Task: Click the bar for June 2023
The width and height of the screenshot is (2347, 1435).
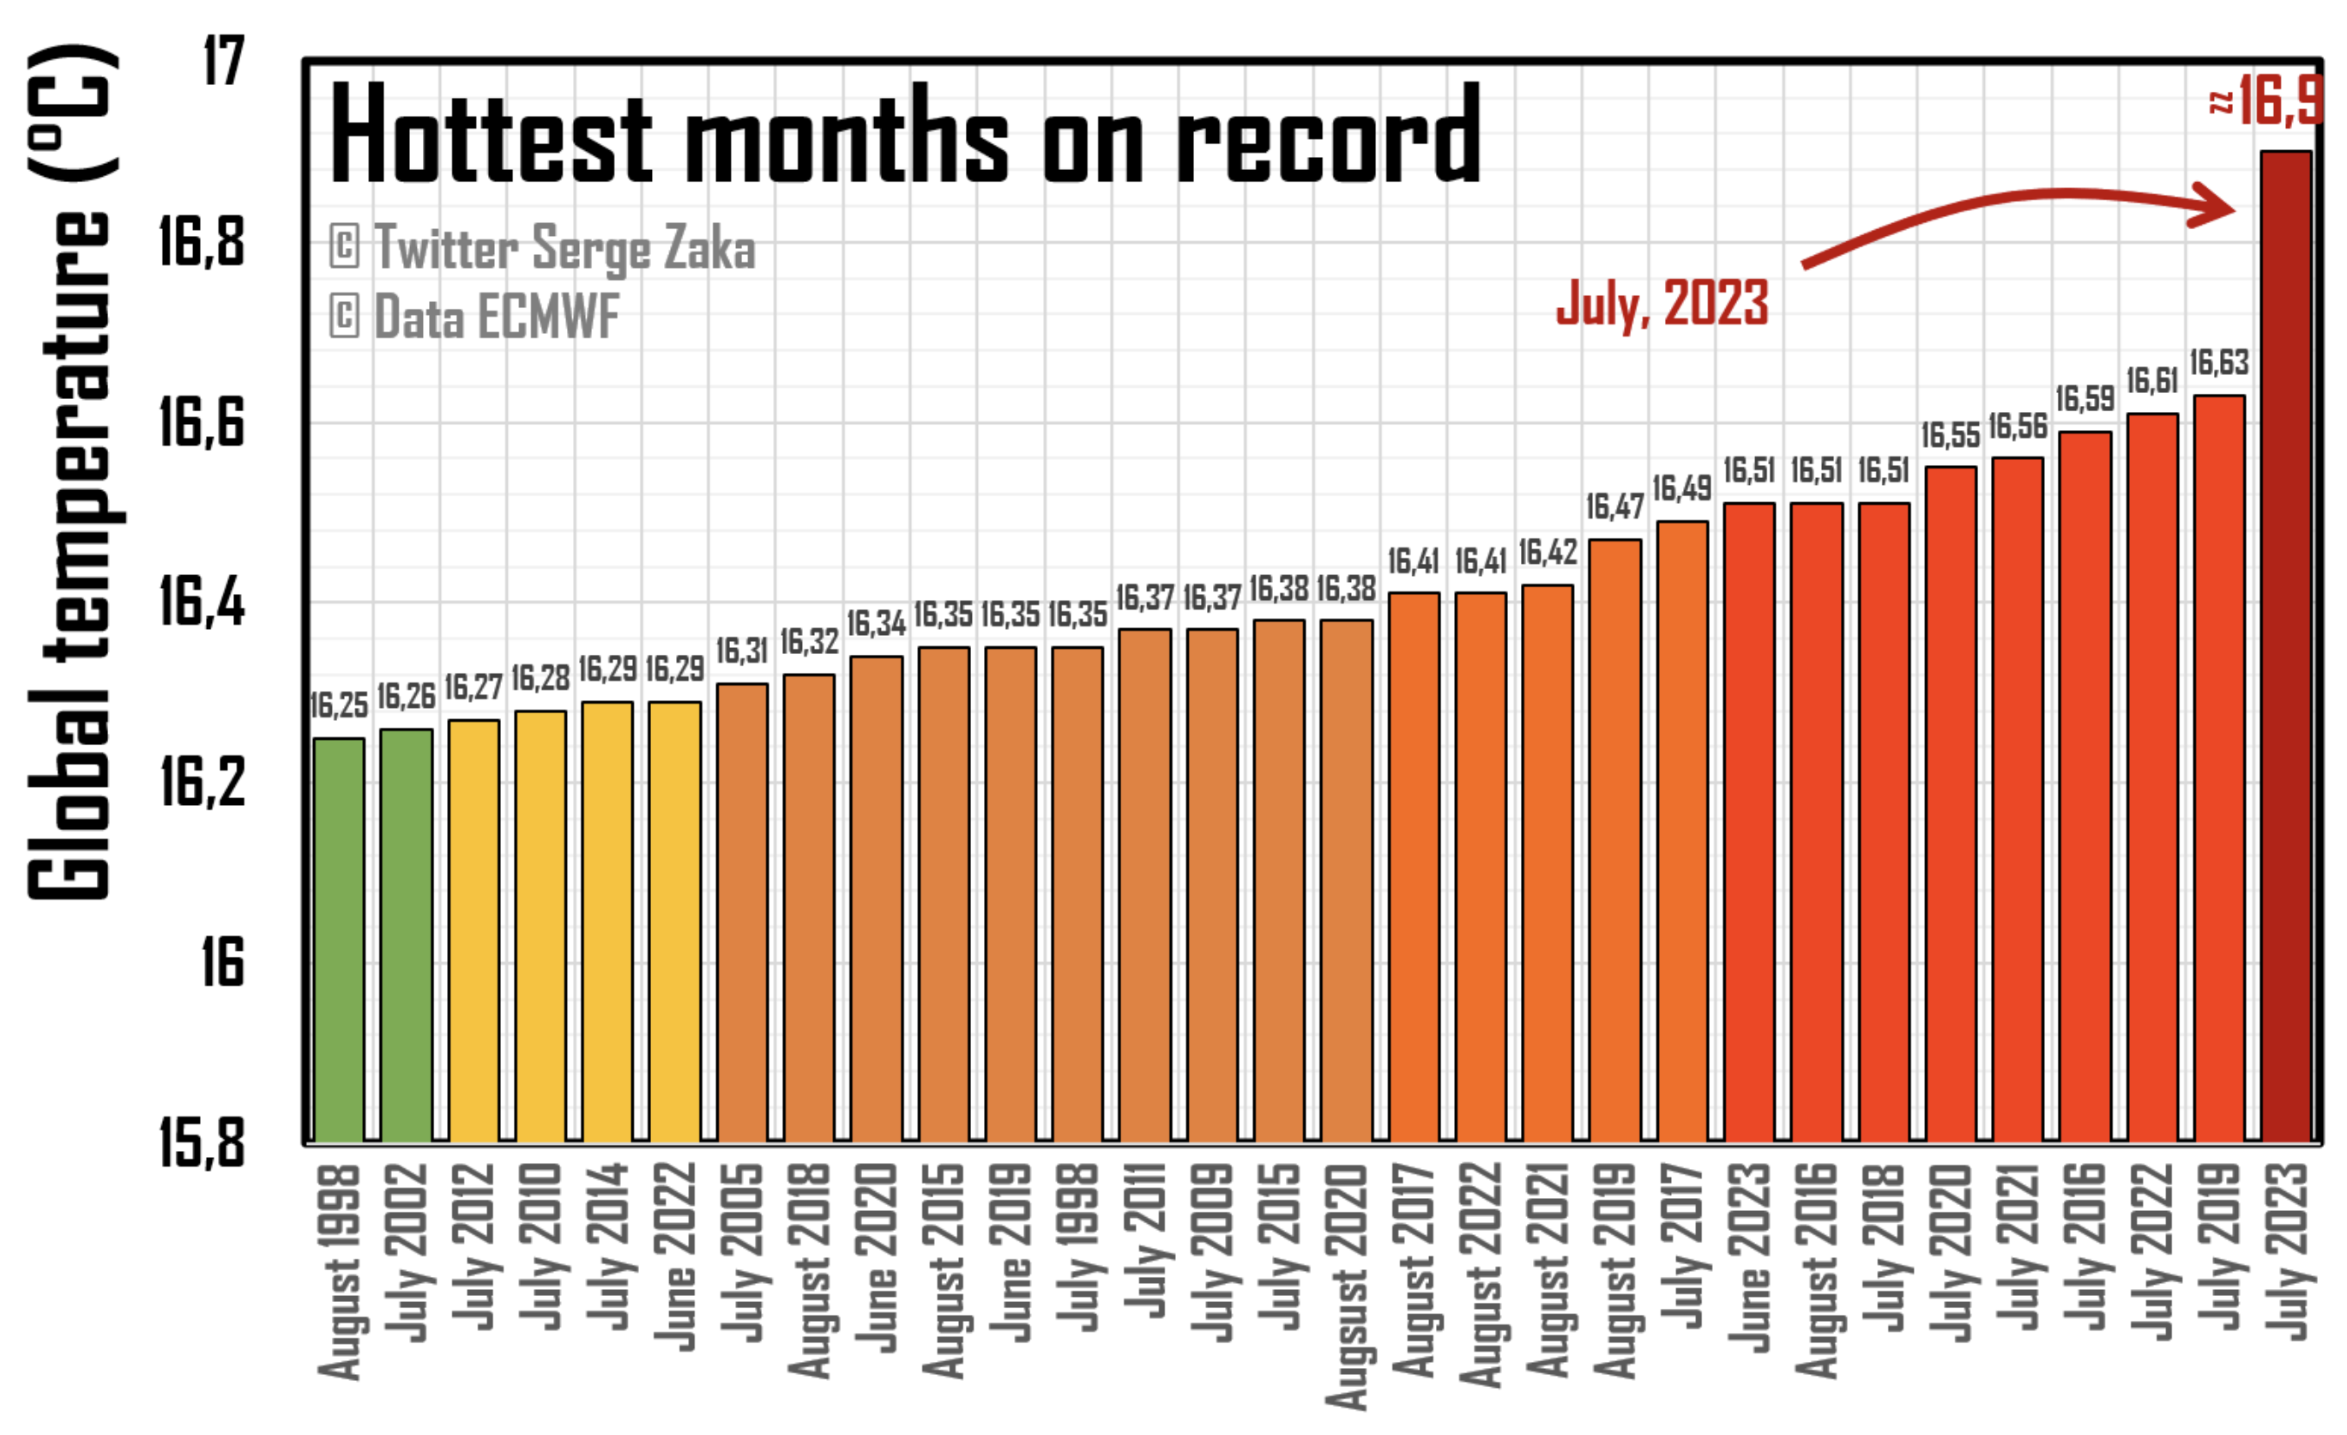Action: [1749, 820]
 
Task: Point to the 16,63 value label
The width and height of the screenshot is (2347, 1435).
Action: [2218, 363]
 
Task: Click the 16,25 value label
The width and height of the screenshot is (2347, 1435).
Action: [339, 706]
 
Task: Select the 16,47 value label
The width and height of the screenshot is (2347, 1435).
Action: [1614, 507]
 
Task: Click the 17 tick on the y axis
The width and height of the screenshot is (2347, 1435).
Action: [224, 61]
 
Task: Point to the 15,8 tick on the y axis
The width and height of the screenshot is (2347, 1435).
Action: [202, 1141]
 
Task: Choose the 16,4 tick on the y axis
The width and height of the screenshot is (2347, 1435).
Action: [202, 602]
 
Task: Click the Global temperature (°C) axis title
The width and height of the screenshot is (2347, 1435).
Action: [71, 472]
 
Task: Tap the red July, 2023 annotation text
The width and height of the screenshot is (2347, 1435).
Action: [1662, 303]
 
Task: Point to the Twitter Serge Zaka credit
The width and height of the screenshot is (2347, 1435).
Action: [543, 248]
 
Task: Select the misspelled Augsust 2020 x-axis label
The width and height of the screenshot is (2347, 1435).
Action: [1346, 1287]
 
